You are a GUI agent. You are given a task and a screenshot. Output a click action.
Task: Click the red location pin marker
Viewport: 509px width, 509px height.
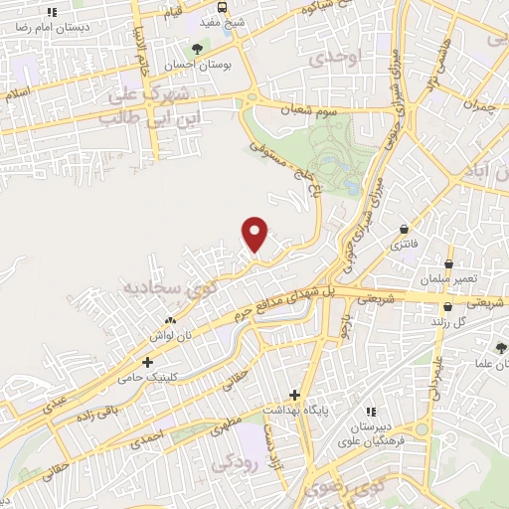point(255,234)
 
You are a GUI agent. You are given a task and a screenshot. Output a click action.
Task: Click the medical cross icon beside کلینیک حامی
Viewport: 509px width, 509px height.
point(147,362)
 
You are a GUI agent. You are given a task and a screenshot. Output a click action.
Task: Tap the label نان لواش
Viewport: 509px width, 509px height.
point(171,335)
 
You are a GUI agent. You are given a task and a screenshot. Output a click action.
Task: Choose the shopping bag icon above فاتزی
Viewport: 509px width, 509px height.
point(405,228)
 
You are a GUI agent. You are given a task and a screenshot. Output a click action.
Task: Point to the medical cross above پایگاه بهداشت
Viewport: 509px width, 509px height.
point(293,393)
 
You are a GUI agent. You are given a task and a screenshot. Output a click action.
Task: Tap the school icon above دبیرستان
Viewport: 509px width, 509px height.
point(371,411)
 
